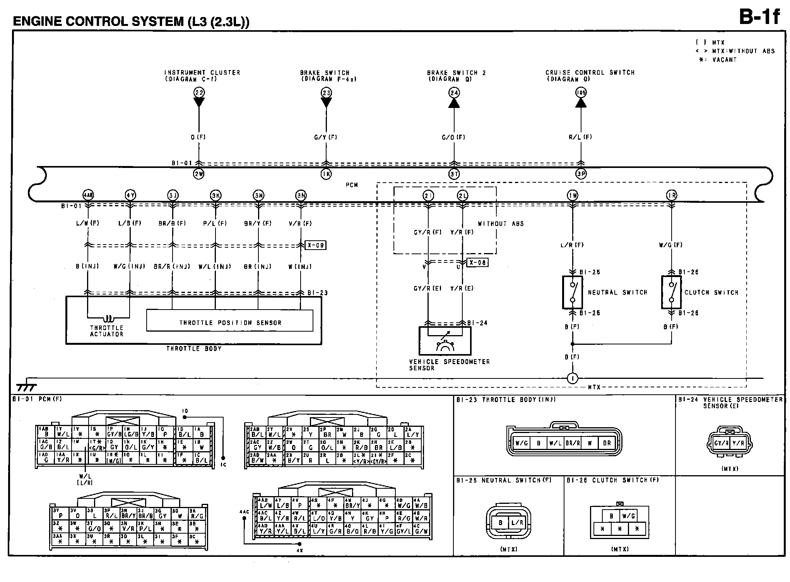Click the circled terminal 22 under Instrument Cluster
[199, 92]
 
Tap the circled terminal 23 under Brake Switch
[326, 92]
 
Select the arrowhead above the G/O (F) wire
[454, 103]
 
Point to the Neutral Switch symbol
[572, 292]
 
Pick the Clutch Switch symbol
[672, 292]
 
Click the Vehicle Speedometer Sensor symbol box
[445, 341]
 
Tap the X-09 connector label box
[315, 245]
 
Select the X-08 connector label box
[477, 262]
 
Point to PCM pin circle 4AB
[88, 195]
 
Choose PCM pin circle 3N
[301, 195]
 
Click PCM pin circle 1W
[573, 195]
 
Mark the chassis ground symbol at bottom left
[26, 387]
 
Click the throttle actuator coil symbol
[108, 319]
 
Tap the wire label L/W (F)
[87, 223]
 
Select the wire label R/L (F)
[580, 137]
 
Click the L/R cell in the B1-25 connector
[517, 522]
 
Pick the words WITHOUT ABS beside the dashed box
[501, 224]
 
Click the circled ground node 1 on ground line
[572, 378]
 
